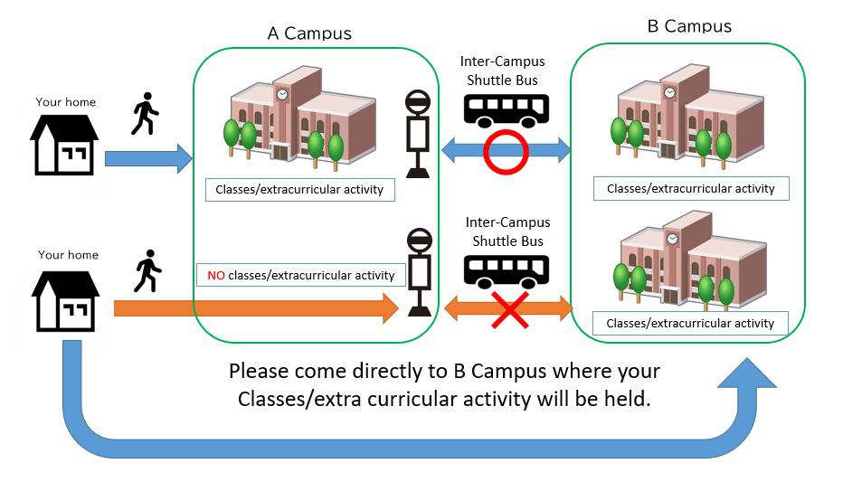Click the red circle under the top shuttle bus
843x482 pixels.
click(506, 151)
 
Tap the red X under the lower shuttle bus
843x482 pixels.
click(510, 310)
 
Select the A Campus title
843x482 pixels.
click(309, 33)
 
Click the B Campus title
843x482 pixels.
click(689, 25)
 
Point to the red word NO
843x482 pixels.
click(216, 275)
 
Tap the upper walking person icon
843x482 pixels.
click(145, 114)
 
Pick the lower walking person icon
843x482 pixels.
click(147, 271)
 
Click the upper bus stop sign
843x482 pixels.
click(418, 134)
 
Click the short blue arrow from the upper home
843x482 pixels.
click(148, 159)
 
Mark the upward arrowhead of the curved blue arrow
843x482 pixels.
click(746, 375)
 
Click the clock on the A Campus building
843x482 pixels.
click(282, 94)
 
